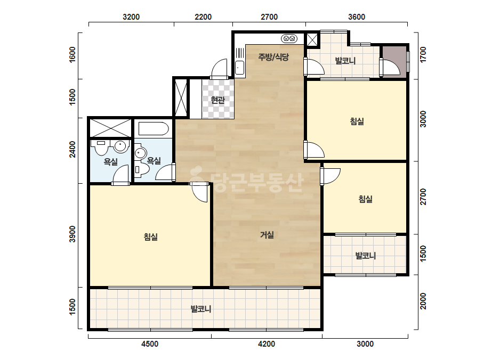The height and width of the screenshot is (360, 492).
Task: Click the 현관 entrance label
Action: click(x=218, y=100)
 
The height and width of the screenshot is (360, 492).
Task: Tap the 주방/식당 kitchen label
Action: click(x=273, y=57)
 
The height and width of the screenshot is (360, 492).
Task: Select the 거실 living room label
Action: click(x=267, y=235)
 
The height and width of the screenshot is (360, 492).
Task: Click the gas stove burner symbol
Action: click(x=289, y=38)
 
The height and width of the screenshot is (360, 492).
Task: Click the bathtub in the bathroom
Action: click(x=154, y=128)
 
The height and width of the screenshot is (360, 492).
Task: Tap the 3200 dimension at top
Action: click(x=131, y=17)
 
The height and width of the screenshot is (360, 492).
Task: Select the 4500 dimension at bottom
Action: click(x=150, y=344)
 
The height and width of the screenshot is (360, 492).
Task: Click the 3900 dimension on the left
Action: click(x=72, y=234)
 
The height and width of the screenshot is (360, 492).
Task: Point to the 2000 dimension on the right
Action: click(x=423, y=301)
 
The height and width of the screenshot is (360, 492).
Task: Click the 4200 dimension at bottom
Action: click(x=267, y=344)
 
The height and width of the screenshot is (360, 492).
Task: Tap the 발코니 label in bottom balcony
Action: click(x=201, y=309)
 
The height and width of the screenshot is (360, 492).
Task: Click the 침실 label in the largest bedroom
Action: click(x=151, y=237)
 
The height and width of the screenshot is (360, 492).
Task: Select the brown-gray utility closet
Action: click(x=393, y=61)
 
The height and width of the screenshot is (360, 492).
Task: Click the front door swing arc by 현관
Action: click(x=219, y=68)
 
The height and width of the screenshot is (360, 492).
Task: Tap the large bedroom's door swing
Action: click(x=199, y=192)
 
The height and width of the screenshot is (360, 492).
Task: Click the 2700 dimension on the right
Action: click(x=423, y=197)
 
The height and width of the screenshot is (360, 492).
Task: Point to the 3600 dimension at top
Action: click(x=357, y=17)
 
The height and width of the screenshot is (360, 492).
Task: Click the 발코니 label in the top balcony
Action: click(x=345, y=61)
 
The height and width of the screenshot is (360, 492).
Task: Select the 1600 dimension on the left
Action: click(x=72, y=54)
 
